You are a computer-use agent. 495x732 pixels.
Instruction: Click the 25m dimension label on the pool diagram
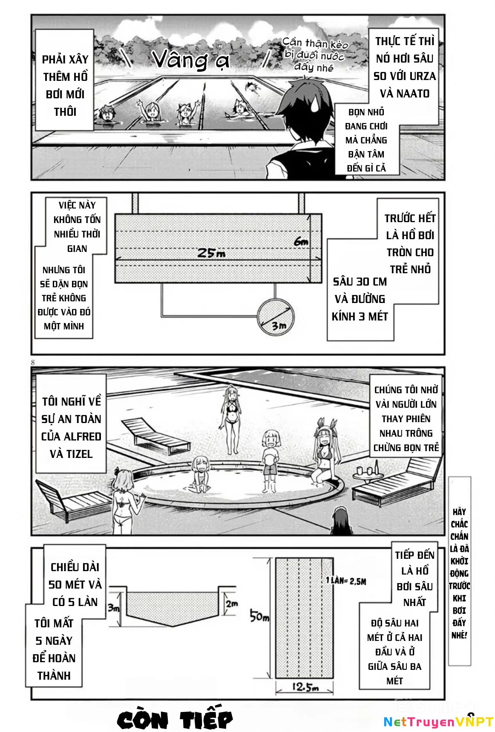tap(211, 253)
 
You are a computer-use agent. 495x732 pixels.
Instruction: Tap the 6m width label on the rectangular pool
tap(301, 242)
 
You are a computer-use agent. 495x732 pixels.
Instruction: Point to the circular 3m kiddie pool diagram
tap(276, 316)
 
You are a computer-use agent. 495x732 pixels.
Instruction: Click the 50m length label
tap(259, 616)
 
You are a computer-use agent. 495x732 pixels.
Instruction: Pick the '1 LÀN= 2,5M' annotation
tap(346, 580)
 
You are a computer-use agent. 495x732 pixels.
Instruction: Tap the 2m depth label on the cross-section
tap(232, 603)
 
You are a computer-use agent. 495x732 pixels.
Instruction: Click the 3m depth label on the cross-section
tap(113, 607)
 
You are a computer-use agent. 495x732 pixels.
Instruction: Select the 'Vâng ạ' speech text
tap(191, 59)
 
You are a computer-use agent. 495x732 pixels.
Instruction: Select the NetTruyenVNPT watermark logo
tap(438, 721)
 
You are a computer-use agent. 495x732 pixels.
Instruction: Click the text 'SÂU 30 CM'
tap(360, 282)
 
